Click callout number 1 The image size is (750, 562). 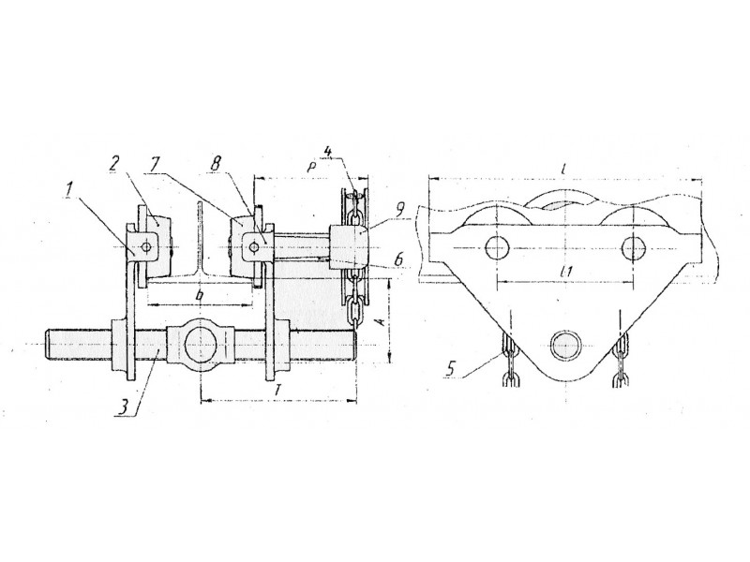click(x=68, y=190)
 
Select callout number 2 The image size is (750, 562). click(x=113, y=164)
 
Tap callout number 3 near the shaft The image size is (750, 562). click(x=124, y=407)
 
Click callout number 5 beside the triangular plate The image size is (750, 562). click(x=450, y=369)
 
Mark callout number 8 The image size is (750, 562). click(x=216, y=165)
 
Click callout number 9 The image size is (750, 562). click(x=401, y=209)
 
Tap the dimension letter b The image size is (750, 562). click(x=201, y=296)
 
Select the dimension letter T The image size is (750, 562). click(x=277, y=391)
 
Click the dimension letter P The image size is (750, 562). click(x=312, y=167)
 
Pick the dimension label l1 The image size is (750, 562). click(x=567, y=272)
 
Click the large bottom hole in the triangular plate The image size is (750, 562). click(x=565, y=344)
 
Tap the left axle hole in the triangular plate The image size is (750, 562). click(x=497, y=247)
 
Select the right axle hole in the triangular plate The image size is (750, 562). click(x=634, y=247)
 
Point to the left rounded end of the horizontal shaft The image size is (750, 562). click(x=48, y=344)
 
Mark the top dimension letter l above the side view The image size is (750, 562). click(x=565, y=169)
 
